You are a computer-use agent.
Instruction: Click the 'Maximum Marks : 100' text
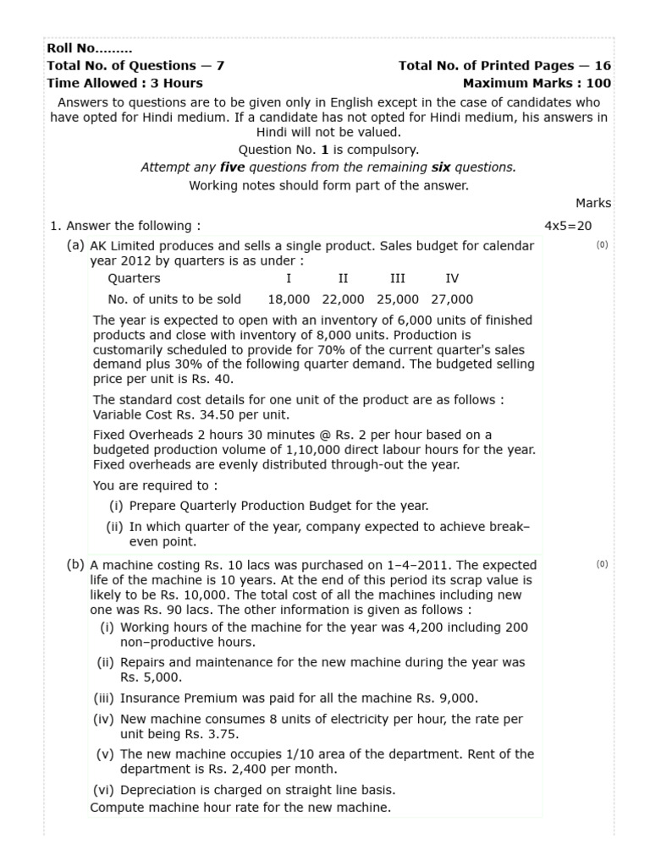pos(537,83)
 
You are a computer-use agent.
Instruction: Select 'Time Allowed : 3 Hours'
pos(124,83)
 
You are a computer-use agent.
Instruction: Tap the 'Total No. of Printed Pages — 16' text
pos(504,66)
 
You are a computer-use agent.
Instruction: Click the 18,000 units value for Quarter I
pos(289,299)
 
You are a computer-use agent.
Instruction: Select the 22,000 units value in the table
pos(343,299)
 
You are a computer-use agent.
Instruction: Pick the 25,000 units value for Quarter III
pos(397,299)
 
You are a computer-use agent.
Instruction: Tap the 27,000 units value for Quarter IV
pos(452,299)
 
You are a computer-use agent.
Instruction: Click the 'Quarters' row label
pos(134,278)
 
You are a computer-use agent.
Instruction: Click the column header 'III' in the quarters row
pos(397,278)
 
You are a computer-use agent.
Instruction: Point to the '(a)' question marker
pos(76,245)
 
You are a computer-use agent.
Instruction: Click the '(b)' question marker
pos(76,565)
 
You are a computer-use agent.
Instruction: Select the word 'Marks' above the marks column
pos(593,203)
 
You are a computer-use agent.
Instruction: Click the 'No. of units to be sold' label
pos(174,299)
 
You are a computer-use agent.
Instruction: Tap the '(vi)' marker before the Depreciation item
pos(104,790)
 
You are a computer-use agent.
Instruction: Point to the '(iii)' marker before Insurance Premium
pos(104,698)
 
